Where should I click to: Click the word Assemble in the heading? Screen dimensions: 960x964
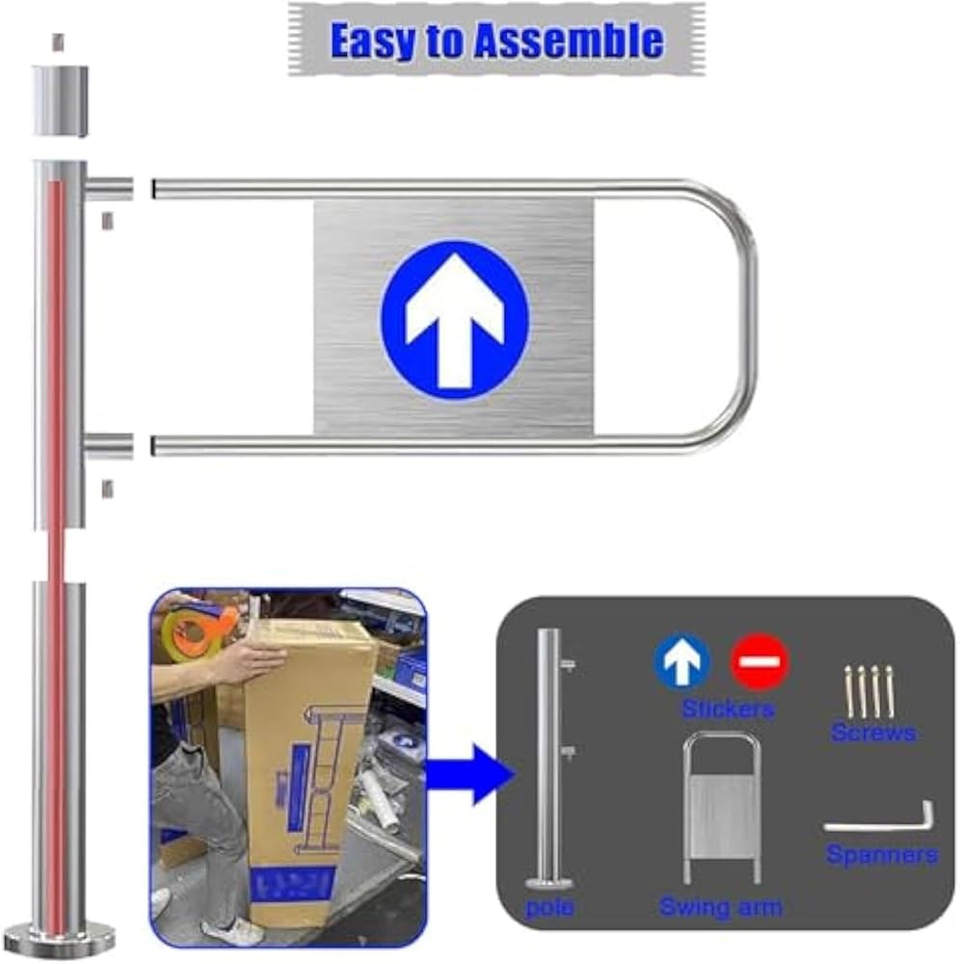(568, 40)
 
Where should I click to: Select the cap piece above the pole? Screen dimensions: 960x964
(60, 101)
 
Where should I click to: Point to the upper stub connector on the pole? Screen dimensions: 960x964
(109, 187)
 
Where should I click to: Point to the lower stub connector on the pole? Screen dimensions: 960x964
(109, 445)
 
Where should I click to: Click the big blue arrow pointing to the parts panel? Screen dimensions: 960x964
(470, 774)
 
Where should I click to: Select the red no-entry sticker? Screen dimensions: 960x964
(760, 661)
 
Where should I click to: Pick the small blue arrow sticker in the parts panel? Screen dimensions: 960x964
(681, 661)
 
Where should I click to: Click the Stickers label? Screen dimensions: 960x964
(728, 709)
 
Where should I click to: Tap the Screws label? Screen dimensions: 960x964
(873, 733)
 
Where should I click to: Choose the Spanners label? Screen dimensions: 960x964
(881, 854)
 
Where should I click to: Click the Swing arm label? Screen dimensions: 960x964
(720, 907)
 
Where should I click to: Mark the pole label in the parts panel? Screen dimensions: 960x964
(550, 907)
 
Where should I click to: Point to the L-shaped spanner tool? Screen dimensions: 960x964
(879, 818)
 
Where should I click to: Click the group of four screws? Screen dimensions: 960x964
(869, 691)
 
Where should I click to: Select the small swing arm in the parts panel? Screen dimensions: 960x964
(722, 809)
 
